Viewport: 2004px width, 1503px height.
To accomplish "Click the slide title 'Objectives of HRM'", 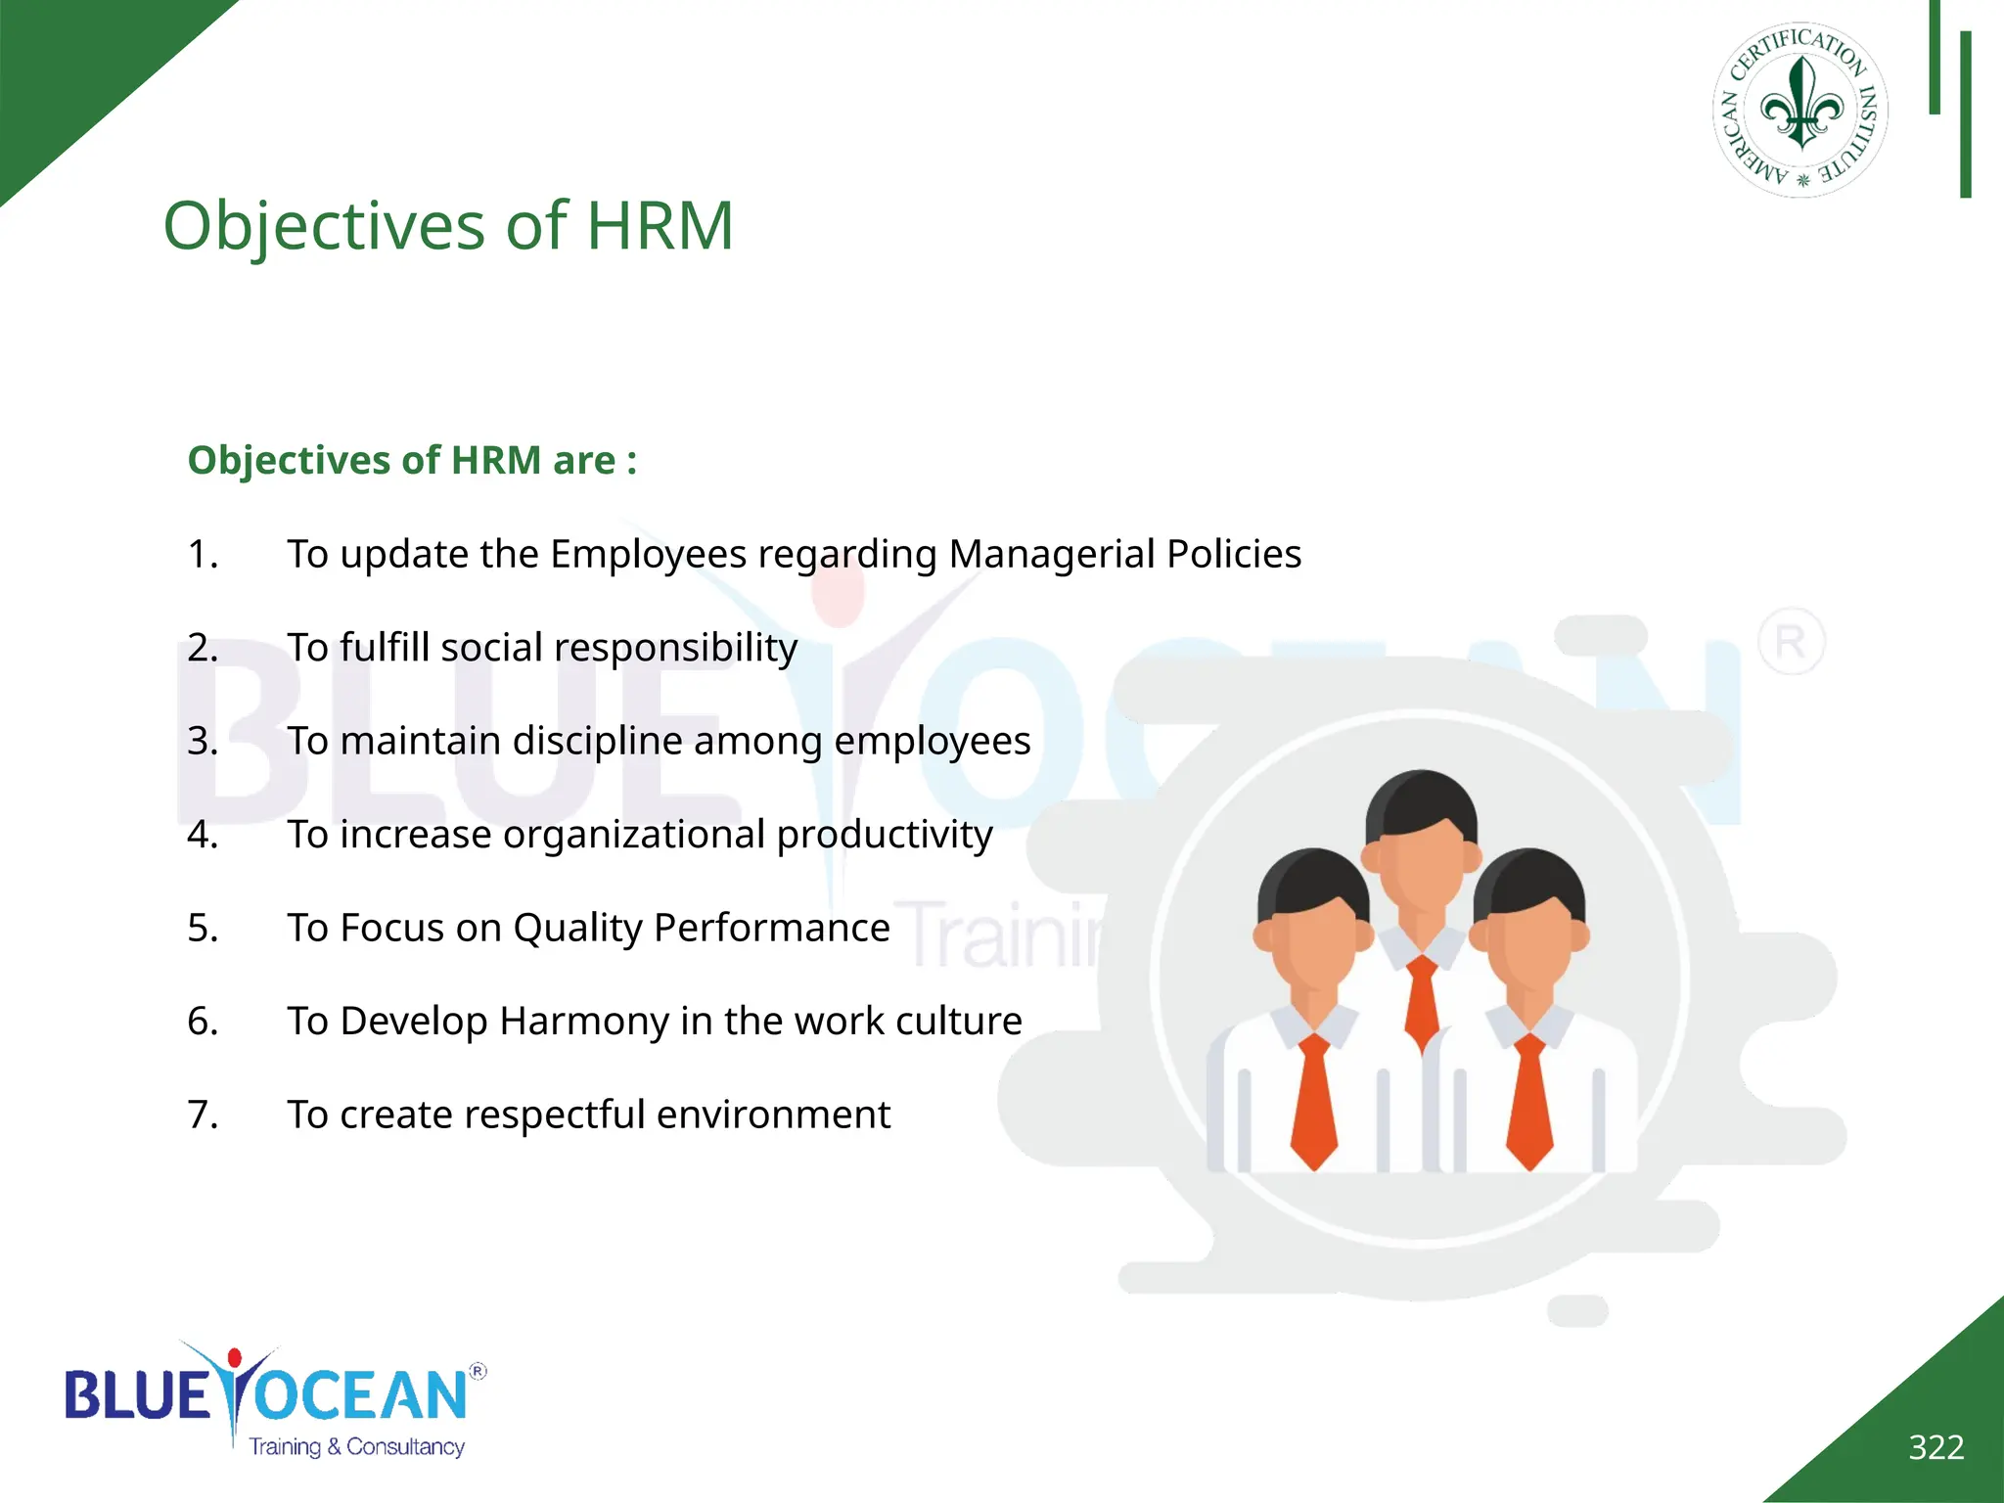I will coord(448,226).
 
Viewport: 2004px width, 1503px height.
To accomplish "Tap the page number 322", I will coord(1936,1446).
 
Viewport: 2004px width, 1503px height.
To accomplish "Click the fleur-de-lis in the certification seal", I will coord(1801,105).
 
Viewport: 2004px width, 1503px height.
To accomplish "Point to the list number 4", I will coord(203,835).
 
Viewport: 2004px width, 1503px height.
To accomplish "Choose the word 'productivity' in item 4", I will coord(885,835).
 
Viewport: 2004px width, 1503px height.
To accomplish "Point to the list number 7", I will coord(203,1115).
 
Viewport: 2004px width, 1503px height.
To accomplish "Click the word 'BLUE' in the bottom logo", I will coord(137,1395).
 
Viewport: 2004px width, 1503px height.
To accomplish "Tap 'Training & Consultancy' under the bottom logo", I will coord(356,1446).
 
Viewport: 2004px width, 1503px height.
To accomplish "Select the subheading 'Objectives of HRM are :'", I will coord(412,460).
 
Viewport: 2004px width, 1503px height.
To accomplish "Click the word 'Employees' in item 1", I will coord(648,554).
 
